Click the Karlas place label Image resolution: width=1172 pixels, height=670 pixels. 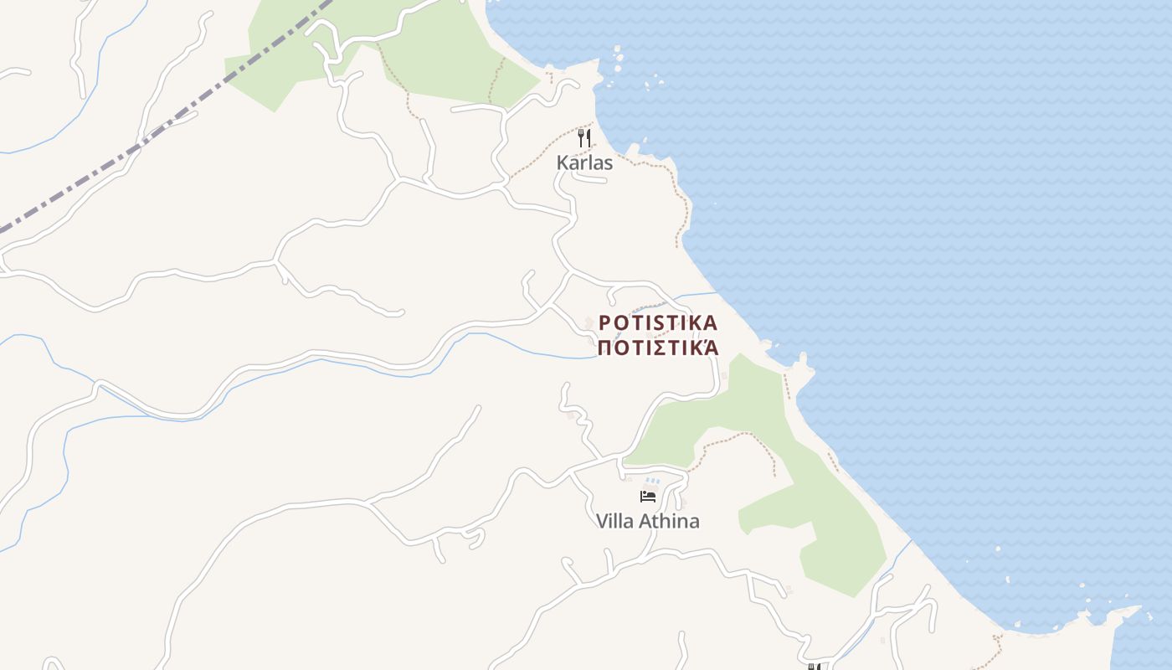coord(584,162)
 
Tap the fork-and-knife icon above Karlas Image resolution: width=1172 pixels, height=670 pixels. coord(584,138)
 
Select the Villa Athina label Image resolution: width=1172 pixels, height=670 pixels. coord(647,521)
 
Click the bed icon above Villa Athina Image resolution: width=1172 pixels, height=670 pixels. coord(648,497)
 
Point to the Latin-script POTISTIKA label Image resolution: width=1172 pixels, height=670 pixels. coord(658,323)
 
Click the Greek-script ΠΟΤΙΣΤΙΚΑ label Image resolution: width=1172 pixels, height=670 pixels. coord(658,348)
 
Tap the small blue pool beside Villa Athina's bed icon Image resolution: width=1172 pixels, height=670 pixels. coord(652,482)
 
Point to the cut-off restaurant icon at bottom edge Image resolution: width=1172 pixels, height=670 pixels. coord(813,667)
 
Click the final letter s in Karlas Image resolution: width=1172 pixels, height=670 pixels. coord(608,163)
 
